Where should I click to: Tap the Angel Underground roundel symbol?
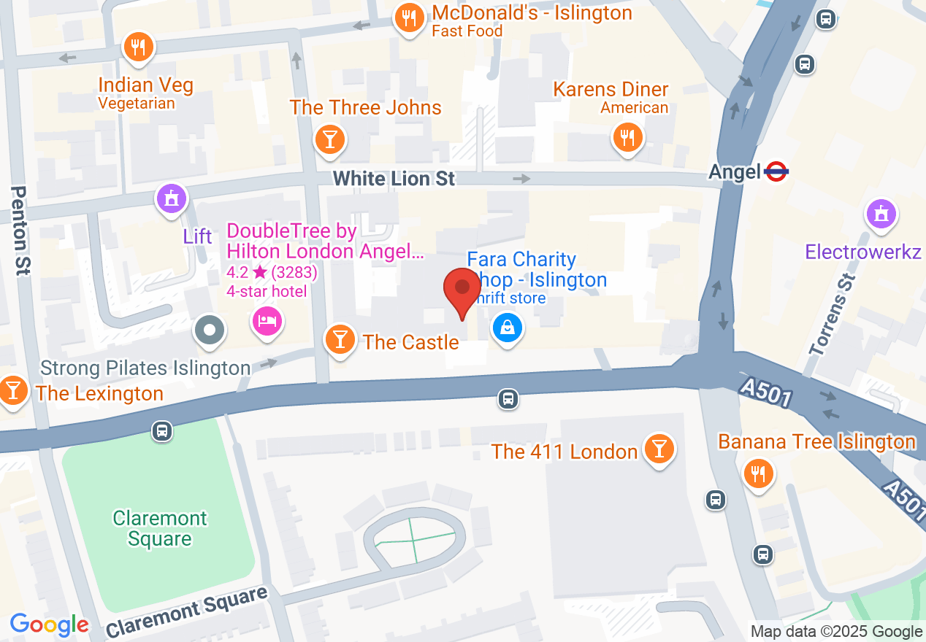(x=776, y=172)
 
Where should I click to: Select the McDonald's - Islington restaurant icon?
(x=410, y=17)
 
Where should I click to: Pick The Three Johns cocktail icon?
(x=329, y=138)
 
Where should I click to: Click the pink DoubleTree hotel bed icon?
(x=267, y=320)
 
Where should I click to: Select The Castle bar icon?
(x=340, y=339)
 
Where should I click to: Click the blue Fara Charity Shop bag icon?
(x=508, y=327)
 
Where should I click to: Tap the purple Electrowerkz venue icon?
(x=881, y=214)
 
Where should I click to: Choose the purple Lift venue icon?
(x=172, y=198)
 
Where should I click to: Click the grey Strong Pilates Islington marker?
(x=210, y=330)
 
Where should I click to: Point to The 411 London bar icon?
(x=659, y=449)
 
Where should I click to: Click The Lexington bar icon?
(x=13, y=390)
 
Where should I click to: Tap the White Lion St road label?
(x=394, y=179)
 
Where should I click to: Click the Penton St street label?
(x=20, y=230)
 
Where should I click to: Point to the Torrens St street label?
(x=833, y=314)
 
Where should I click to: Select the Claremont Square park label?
(x=160, y=529)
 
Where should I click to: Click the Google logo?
(x=49, y=625)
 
